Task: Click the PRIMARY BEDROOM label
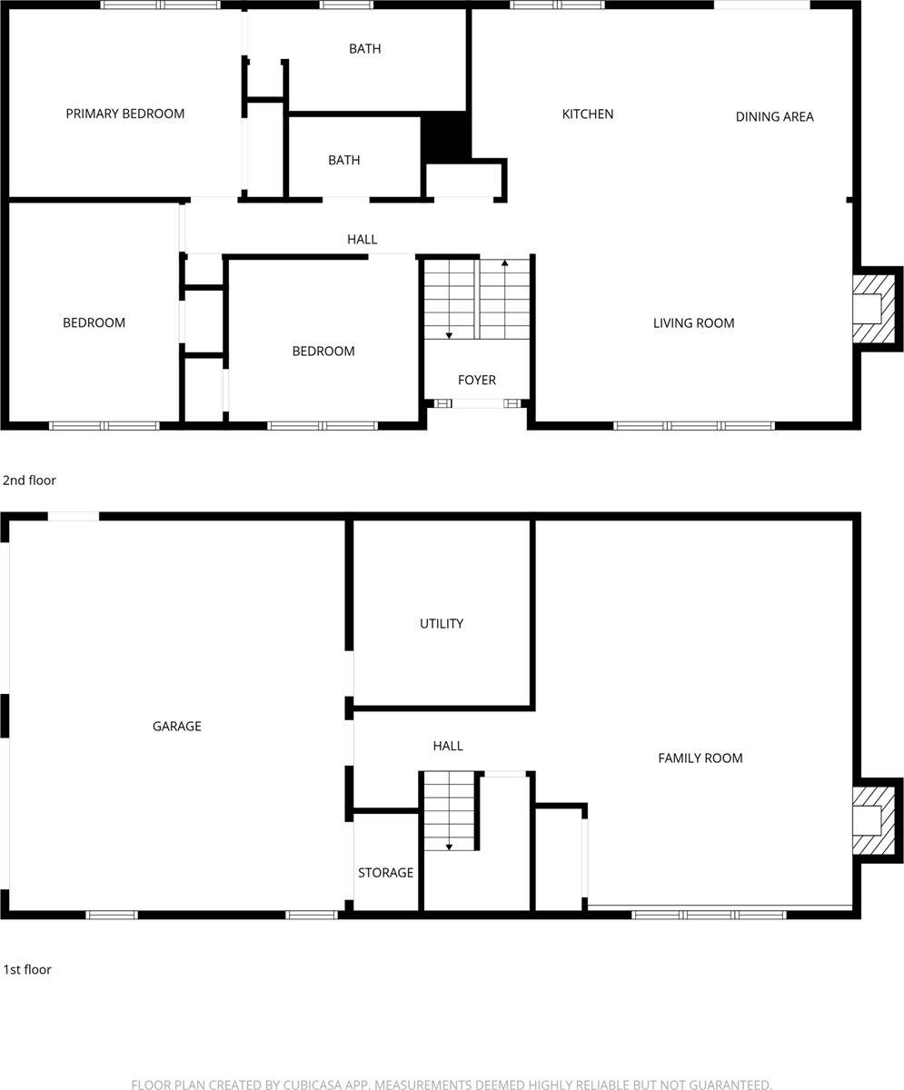pos(125,114)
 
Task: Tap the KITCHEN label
pos(588,114)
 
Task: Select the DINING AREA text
pos(774,116)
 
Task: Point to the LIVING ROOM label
pos(693,322)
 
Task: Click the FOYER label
pos(477,380)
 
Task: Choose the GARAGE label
pos(177,726)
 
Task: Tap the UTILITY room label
pos(442,623)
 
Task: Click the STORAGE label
pos(385,872)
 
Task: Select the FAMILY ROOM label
pos(700,758)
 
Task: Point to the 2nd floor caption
pos(29,480)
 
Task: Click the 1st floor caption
pos(27,969)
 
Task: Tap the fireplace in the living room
pos(874,309)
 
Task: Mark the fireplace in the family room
pos(874,821)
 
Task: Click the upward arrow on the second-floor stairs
pos(505,263)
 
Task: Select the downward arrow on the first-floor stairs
pos(449,846)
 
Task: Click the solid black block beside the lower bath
pos(445,136)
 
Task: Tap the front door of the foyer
pos(477,403)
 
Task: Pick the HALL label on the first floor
pos(448,746)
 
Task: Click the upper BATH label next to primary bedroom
pos(364,48)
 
